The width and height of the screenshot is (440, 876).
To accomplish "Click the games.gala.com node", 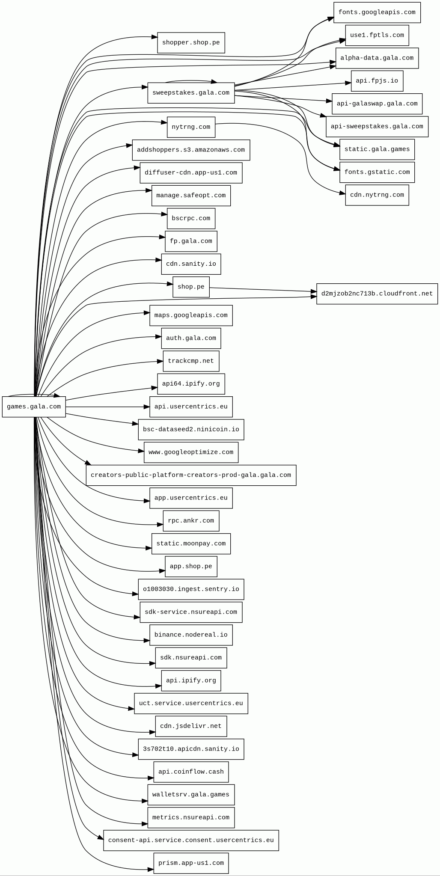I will click(x=34, y=407).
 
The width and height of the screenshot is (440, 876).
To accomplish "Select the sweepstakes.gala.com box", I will click(x=191, y=93).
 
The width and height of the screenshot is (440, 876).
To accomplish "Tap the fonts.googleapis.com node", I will click(x=377, y=12).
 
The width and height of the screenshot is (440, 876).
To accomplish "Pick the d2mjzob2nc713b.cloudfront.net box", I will click(x=377, y=294).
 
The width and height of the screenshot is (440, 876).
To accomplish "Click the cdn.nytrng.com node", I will click(x=377, y=195).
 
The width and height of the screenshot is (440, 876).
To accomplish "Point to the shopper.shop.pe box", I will click(x=191, y=43).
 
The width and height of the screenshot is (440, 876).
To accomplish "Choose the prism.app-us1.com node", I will click(x=191, y=863).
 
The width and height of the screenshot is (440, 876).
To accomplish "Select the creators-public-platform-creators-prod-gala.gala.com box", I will click(x=191, y=475).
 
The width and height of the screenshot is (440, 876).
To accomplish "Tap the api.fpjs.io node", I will click(x=377, y=81).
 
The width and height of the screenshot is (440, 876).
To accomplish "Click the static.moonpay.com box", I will click(x=191, y=544).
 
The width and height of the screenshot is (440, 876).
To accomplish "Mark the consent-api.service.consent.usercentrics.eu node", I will click(x=191, y=840).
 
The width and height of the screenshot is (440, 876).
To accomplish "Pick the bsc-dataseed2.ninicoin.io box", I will click(x=191, y=430).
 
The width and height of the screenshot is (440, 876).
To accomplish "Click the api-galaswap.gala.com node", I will click(x=377, y=104).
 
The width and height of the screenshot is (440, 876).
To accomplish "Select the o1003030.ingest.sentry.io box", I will click(x=191, y=589).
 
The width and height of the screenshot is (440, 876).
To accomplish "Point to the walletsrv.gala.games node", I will click(x=191, y=795).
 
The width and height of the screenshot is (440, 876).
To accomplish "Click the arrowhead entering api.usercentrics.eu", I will click(x=147, y=407).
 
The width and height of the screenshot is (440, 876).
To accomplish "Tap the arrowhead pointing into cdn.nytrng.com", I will click(x=343, y=193).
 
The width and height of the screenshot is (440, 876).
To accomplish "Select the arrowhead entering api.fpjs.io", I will click(x=348, y=83).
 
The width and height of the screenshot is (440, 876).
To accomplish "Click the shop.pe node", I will click(x=191, y=287).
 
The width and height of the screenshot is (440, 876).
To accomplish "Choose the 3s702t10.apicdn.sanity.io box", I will click(x=191, y=749).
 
